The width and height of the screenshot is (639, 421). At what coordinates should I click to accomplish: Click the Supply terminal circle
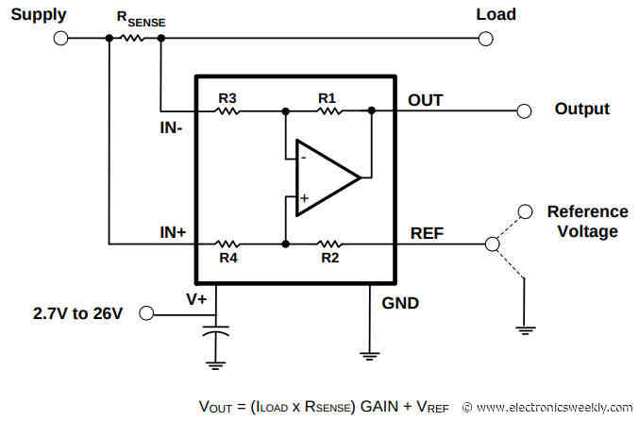pyautogui.click(x=61, y=39)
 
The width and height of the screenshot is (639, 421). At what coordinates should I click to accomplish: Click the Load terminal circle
pyautogui.click(x=486, y=39)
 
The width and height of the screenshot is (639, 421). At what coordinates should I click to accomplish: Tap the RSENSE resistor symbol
pyautogui.click(x=135, y=39)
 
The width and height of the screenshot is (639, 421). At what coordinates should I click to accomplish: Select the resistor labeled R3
pyautogui.click(x=227, y=110)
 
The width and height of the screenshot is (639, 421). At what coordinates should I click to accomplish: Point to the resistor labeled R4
pyautogui.click(x=227, y=244)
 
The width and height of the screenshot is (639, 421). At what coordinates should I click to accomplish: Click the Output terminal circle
pyautogui.click(x=524, y=110)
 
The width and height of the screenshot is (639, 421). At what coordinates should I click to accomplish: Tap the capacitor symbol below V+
pyautogui.click(x=218, y=333)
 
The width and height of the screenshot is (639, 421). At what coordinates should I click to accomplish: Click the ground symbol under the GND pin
pyautogui.click(x=368, y=354)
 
